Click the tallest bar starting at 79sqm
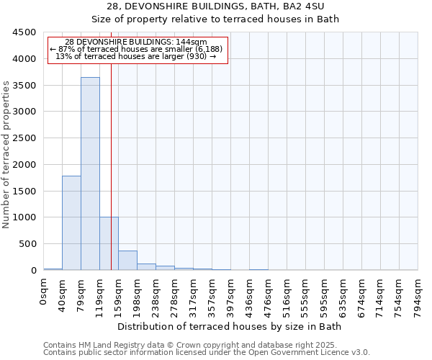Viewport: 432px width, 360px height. click(x=90, y=173)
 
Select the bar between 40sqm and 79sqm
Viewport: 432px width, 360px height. click(x=71, y=222)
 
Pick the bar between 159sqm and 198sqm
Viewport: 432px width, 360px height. click(x=127, y=260)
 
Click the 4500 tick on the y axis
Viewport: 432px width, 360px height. click(x=27, y=32)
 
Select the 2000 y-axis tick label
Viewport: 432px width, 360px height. click(x=27, y=165)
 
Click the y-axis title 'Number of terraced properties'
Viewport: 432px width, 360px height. click(x=6, y=155)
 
